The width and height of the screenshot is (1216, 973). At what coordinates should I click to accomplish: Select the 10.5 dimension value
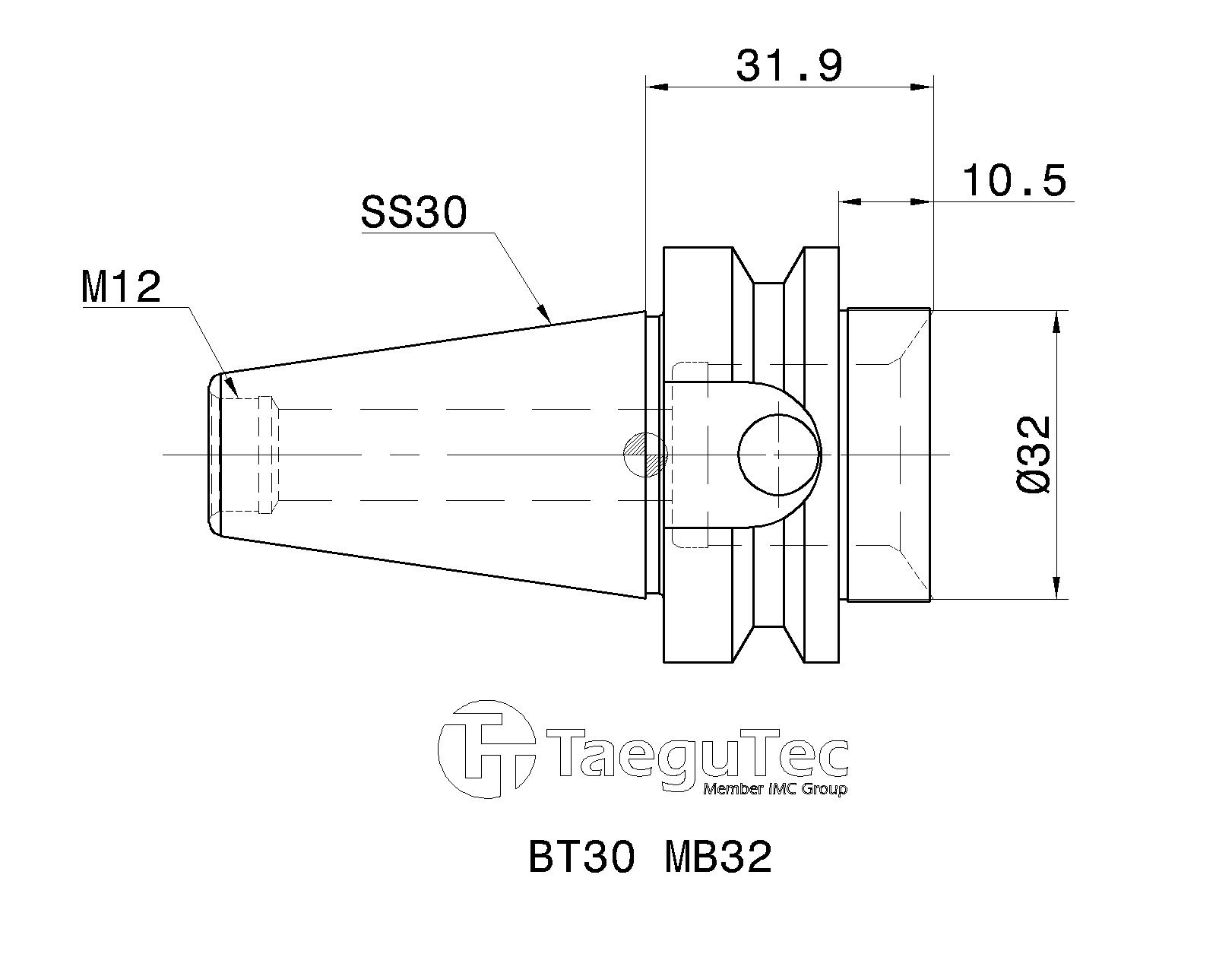pyautogui.click(x=1014, y=181)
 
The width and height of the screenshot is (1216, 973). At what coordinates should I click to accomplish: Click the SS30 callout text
pyautogui.click(x=413, y=213)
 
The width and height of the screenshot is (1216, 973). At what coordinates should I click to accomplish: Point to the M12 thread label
pyautogui.click(x=121, y=287)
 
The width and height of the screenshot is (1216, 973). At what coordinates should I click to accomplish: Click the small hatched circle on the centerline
pyautogui.click(x=645, y=455)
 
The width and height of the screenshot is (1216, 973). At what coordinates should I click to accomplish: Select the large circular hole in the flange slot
pyautogui.click(x=780, y=454)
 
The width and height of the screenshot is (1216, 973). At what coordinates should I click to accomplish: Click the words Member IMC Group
pyautogui.click(x=774, y=788)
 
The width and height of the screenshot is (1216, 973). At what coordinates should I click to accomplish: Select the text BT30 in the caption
pyautogui.click(x=581, y=857)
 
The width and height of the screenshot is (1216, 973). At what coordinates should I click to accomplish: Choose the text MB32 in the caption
pyautogui.click(x=717, y=857)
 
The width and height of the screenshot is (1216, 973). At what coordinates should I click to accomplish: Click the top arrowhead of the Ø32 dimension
pyautogui.click(x=1056, y=321)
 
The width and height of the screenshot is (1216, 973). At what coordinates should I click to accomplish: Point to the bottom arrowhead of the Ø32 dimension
pyautogui.click(x=1056, y=588)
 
